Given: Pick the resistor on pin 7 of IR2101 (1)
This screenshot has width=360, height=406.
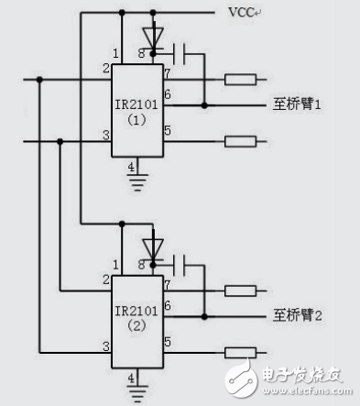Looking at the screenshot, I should (240, 79).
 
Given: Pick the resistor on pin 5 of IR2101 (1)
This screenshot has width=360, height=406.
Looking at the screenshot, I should (240, 142).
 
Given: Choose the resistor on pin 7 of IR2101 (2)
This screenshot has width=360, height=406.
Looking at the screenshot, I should (240, 290).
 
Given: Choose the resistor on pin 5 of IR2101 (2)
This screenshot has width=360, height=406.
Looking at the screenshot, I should (240, 352).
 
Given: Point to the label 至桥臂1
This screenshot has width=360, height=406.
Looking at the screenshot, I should (301, 105).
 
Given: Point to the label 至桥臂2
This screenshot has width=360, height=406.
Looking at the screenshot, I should (301, 316).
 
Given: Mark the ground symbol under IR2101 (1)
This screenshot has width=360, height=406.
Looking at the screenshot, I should (135, 181).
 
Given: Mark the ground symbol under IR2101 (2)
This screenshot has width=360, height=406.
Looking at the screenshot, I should (135, 392).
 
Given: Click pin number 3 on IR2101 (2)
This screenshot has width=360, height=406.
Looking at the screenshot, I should (106, 345).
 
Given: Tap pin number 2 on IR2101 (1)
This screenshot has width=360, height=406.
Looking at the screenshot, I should (106, 68).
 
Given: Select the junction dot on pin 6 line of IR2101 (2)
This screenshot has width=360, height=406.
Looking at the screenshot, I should (204, 316).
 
